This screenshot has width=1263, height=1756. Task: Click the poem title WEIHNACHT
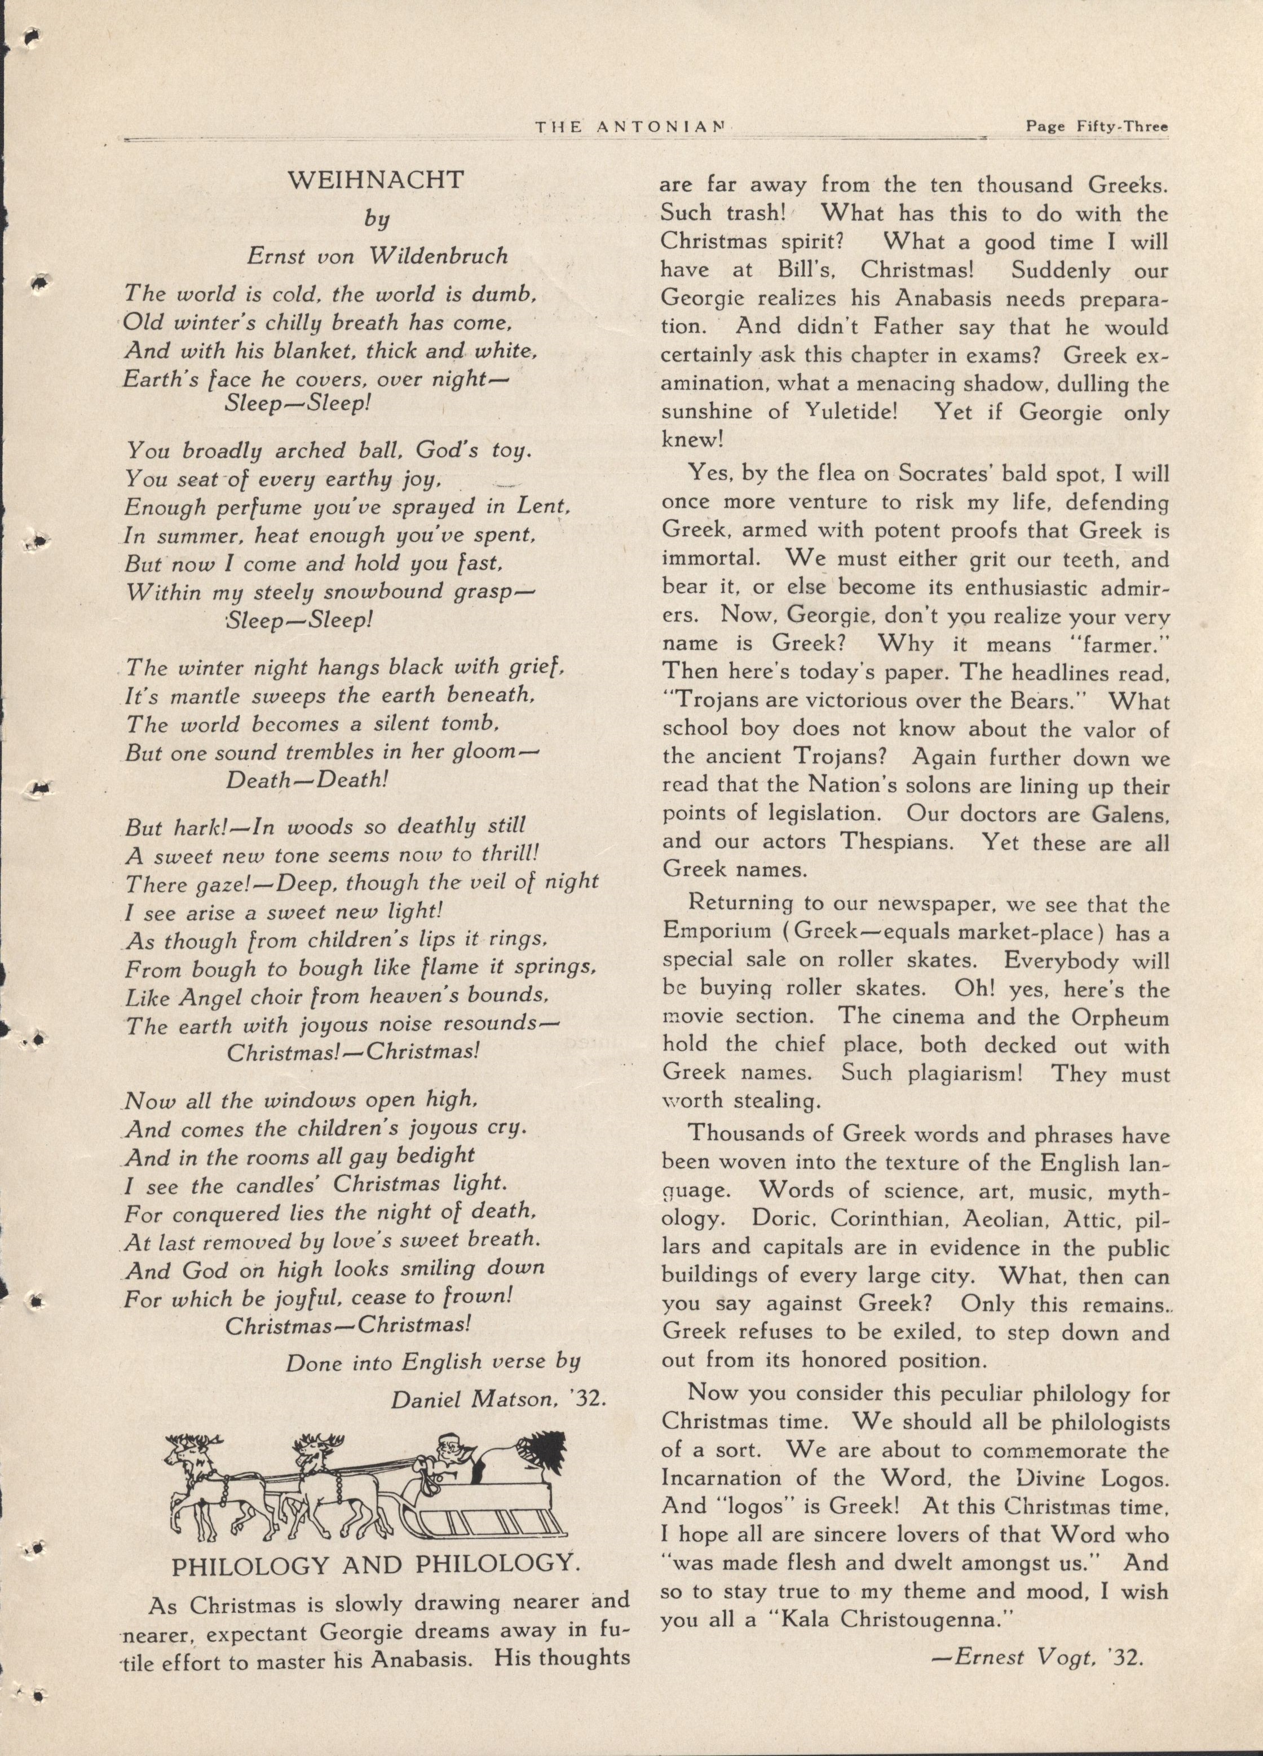pos(376,180)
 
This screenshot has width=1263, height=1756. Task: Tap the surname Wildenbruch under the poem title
pos(438,256)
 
